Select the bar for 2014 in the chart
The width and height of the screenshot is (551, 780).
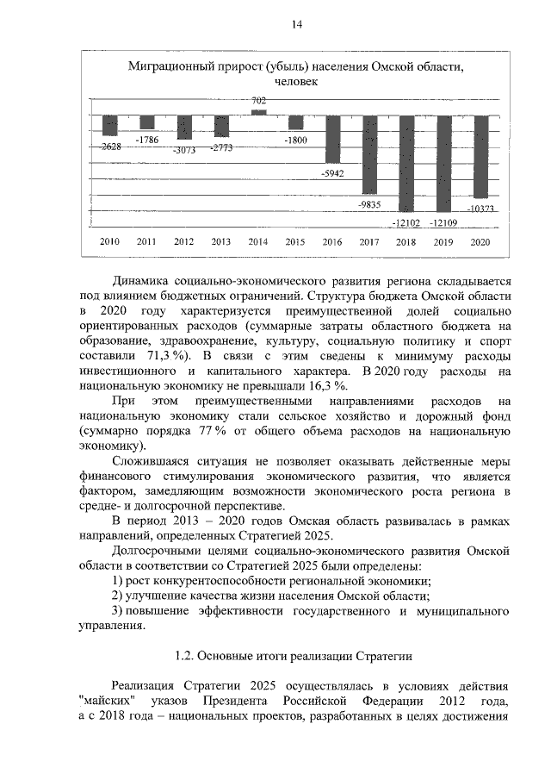tap(258, 112)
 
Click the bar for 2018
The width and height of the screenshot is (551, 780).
tap(406, 163)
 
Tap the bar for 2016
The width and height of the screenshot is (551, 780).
tap(331, 139)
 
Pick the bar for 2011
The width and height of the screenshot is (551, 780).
tap(147, 122)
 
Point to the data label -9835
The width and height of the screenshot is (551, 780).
tap(369, 205)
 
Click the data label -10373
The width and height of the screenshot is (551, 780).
tap(479, 209)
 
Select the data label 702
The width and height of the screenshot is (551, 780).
tap(258, 101)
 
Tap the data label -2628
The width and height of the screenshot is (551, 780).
tap(109, 147)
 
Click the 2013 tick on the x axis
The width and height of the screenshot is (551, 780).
tap(221, 241)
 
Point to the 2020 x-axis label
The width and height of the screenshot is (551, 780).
tap(480, 241)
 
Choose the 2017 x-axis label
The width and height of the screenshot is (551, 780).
tap(369, 241)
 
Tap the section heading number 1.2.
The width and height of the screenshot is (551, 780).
tap(185, 656)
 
